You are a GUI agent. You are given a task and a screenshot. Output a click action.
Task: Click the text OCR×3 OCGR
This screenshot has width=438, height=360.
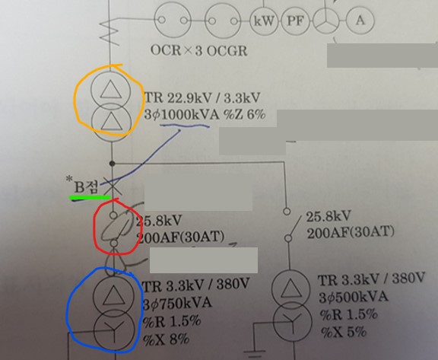click(199, 50)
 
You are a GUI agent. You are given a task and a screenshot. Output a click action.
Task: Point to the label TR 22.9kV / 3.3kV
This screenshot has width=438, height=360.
click(202, 97)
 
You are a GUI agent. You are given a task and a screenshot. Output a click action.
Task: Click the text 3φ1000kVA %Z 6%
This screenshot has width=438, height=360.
click(205, 115)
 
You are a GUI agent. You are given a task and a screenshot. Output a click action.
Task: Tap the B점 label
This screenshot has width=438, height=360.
click(85, 186)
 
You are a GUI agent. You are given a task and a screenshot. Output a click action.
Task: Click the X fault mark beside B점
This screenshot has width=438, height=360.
click(113, 186)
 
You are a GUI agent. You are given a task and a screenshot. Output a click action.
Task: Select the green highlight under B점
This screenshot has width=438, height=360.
click(90, 198)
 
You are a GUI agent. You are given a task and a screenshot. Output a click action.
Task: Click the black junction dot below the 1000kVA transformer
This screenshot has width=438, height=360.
click(112, 163)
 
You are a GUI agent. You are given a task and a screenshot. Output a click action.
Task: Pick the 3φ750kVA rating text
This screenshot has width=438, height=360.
click(177, 303)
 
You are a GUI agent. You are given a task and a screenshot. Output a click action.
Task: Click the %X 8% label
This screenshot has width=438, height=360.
click(167, 339)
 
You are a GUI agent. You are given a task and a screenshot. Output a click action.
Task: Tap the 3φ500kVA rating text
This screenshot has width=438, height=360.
click(354, 297)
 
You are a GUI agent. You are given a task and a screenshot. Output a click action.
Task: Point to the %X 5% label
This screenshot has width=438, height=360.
click(343, 332)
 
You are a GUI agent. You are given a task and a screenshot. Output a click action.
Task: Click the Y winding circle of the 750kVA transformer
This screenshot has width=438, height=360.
click(114, 330)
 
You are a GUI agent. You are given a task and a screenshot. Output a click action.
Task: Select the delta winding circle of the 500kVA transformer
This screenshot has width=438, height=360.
click(290, 289)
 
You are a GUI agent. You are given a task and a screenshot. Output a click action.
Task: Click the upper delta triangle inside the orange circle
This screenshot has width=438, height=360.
click(111, 89)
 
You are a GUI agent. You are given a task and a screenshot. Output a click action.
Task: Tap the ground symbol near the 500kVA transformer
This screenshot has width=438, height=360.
click(254, 353)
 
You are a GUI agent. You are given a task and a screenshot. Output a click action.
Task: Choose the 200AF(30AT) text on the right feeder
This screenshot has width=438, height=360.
click(351, 233)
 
